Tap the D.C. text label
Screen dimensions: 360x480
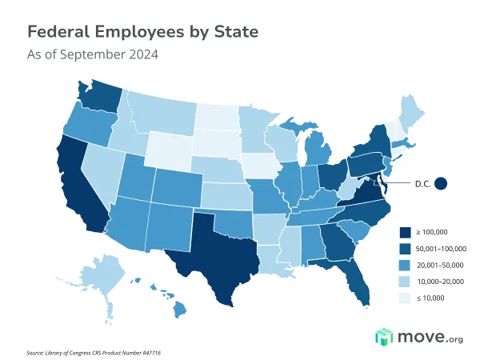(422, 183)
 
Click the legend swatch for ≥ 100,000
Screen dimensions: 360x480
(406, 231)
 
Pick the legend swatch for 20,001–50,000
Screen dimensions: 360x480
(406, 265)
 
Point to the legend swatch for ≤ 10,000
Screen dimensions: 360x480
(406, 298)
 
